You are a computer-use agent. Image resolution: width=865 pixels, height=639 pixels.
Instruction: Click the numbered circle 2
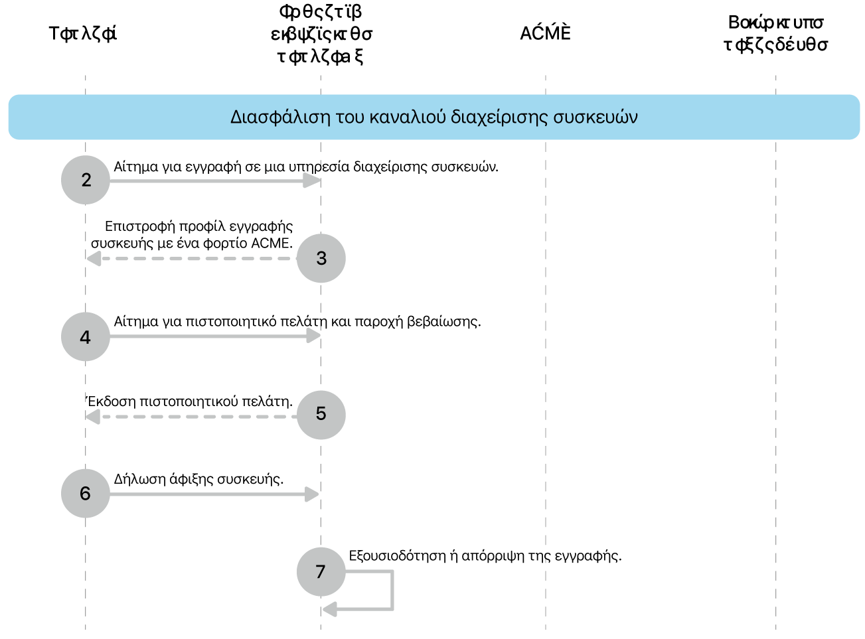tap(86, 180)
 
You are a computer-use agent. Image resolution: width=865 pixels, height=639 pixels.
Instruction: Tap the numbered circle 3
tap(321, 258)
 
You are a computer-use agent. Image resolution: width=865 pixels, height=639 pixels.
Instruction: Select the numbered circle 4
tap(86, 337)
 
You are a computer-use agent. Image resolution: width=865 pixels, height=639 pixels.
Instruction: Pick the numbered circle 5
tap(321, 414)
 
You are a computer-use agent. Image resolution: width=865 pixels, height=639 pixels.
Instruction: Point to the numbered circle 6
tap(86, 493)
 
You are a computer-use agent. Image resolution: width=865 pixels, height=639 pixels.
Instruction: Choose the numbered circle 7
tap(321, 571)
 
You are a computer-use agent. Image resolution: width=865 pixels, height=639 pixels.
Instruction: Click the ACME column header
tap(545, 33)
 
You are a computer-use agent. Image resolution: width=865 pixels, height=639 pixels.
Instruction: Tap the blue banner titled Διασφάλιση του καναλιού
tap(433, 117)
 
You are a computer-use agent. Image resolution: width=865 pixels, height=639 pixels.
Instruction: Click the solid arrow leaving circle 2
tap(212, 180)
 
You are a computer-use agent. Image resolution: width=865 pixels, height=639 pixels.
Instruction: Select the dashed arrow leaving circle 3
tap(193, 258)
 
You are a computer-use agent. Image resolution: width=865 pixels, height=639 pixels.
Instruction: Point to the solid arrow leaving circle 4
tap(212, 336)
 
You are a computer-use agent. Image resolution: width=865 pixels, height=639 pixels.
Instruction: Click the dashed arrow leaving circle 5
tap(193, 417)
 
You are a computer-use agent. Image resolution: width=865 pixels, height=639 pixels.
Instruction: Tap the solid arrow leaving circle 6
tap(212, 494)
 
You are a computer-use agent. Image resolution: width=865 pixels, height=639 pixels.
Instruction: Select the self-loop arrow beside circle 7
tap(392, 591)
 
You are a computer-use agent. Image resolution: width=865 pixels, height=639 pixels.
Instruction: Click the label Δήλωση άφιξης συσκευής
tap(198, 479)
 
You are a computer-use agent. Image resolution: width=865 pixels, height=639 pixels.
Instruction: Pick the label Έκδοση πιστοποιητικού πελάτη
tap(190, 401)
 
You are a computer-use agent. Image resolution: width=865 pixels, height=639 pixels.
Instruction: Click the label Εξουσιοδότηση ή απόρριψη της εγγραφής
tap(485, 556)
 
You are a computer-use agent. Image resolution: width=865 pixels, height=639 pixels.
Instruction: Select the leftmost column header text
tap(83, 34)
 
